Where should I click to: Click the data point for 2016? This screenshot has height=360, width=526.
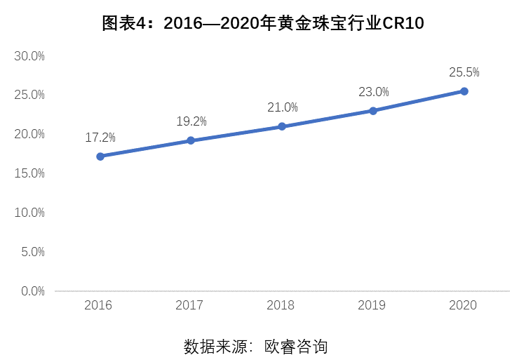point(100,156)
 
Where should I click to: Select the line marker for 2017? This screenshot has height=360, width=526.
point(191,140)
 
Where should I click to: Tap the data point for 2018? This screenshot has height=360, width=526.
point(282,126)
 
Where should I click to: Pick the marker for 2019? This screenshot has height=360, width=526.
point(373,111)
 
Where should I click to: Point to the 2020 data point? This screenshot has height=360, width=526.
point(464,91)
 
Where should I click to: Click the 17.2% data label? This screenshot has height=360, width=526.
point(100,138)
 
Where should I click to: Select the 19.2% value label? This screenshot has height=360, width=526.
point(191,121)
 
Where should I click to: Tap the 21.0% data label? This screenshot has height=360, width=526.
point(283,107)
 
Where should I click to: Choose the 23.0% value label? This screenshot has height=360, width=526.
point(374,92)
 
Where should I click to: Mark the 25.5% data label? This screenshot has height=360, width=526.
point(464,72)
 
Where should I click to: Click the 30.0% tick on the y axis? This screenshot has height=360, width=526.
point(29,56)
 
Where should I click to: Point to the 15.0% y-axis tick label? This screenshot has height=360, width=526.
point(29,173)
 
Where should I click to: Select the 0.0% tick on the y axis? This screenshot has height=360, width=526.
point(33,291)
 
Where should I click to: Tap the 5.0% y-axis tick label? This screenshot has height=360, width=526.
point(33,252)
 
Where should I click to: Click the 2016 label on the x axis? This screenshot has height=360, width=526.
point(98,305)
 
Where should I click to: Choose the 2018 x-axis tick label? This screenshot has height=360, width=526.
point(281,305)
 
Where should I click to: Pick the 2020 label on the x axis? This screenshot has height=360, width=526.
point(463,305)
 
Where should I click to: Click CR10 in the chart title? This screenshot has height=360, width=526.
point(403,23)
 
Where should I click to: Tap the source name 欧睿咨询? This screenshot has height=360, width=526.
point(296,347)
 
